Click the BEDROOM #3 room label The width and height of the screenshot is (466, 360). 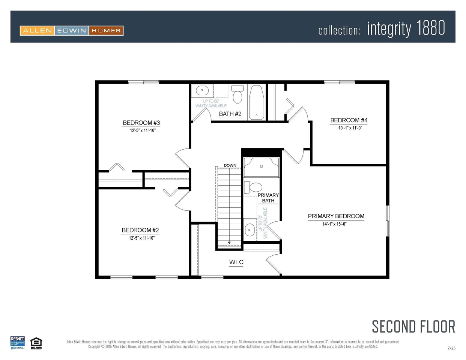pyautogui.click(x=141, y=123)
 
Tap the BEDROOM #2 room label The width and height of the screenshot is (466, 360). pyautogui.click(x=140, y=230)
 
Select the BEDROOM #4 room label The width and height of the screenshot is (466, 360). pyautogui.click(x=349, y=120)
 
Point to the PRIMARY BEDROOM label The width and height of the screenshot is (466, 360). pyautogui.click(x=336, y=216)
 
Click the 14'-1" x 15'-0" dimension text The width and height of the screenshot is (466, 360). pyautogui.click(x=334, y=224)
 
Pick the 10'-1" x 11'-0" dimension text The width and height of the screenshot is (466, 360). pyautogui.click(x=350, y=128)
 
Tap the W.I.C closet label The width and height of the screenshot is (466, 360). pyautogui.click(x=236, y=262)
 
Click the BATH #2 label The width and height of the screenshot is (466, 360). pyautogui.click(x=230, y=114)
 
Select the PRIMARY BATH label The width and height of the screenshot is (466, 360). pyautogui.click(x=268, y=198)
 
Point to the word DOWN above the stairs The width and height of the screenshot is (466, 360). pyautogui.click(x=230, y=165)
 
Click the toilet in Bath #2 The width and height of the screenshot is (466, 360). pyautogui.click(x=238, y=95)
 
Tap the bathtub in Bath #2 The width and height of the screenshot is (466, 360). pyautogui.click(x=257, y=102)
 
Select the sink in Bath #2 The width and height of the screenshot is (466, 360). pyautogui.click(x=202, y=90)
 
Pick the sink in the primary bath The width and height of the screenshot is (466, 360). pyautogui.click(x=250, y=229)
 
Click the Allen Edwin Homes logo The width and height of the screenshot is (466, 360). pyautogui.click(x=72, y=31)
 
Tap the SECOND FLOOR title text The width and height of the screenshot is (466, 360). pyautogui.click(x=413, y=327)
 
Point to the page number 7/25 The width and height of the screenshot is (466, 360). pyautogui.click(x=451, y=348)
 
